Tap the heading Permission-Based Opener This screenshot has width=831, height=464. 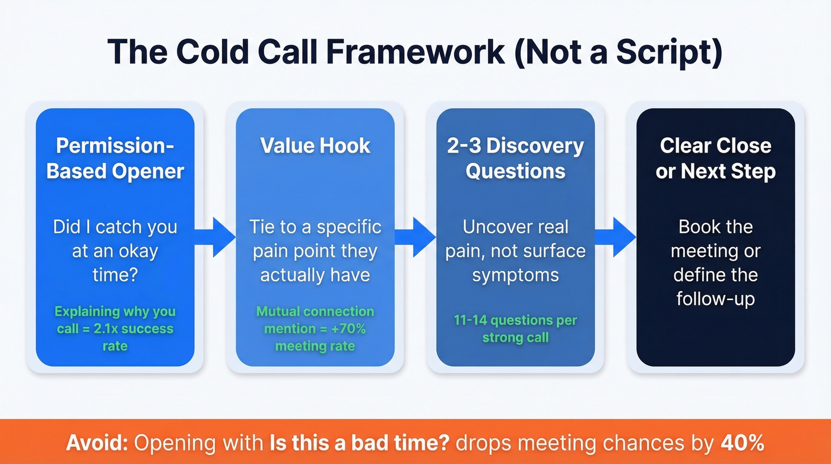115,158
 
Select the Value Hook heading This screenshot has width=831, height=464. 315,146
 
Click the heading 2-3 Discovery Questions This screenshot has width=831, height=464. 515,158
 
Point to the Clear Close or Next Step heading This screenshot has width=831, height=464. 715,158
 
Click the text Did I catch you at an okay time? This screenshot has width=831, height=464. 115,251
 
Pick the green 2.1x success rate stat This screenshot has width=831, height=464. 115,329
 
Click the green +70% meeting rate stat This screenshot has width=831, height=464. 315,329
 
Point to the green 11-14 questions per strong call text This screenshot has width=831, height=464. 515,329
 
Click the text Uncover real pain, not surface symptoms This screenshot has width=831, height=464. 515,251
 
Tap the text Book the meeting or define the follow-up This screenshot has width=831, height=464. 715,263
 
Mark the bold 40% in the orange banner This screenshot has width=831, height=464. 743,443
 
